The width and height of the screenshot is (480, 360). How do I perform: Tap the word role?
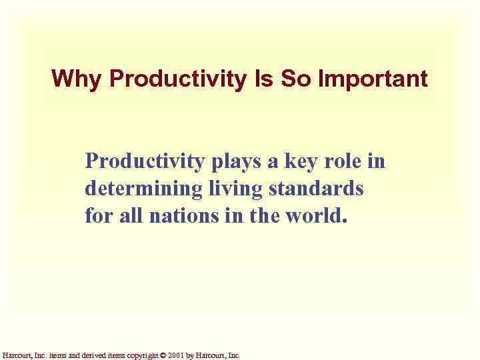345,161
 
